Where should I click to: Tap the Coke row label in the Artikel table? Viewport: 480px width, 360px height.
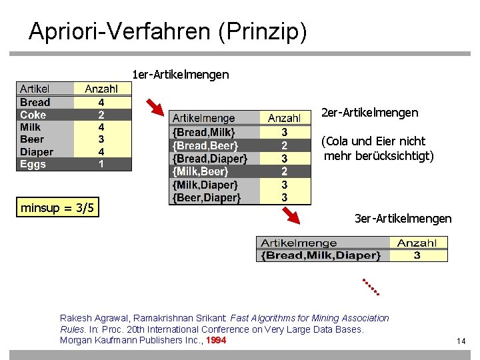click(x=33, y=115)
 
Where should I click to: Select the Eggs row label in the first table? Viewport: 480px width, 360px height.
click(x=33, y=164)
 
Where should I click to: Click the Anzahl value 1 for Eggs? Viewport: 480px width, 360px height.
click(x=101, y=164)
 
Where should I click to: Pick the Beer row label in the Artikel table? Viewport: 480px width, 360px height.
click(x=32, y=139)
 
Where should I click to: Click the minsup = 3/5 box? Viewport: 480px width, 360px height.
click(x=58, y=209)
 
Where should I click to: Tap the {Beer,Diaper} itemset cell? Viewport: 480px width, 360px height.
click(x=205, y=197)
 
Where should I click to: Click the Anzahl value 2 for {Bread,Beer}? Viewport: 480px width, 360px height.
click(x=285, y=145)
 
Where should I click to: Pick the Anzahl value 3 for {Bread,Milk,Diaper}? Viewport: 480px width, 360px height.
click(x=417, y=255)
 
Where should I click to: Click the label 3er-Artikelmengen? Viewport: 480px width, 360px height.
click(x=403, y=219)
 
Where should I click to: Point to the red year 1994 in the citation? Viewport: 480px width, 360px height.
click(x=216, y=340)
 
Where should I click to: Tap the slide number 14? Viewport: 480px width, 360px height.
click(x=461, y=341)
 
